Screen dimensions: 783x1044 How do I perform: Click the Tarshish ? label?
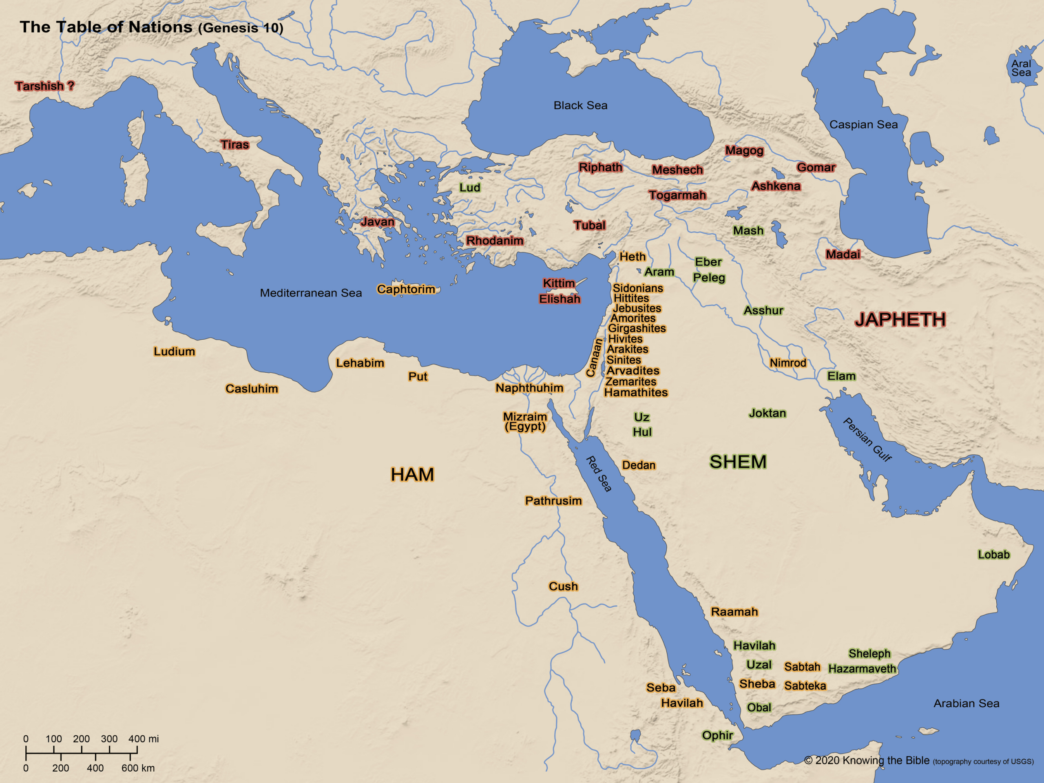pos(44,86)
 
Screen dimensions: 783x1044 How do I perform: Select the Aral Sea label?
pos(1021,68)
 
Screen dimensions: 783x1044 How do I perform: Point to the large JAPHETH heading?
pos(900,320)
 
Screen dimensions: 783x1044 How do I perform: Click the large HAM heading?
pos(412,474)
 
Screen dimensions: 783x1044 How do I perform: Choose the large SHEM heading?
pos(738,462)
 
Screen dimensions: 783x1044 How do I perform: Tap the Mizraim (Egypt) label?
pos(525,421)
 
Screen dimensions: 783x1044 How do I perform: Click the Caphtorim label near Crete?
pos(406,289)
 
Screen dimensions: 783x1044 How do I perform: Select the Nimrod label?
pos(788,363)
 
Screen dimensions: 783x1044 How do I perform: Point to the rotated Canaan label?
pos(594,358)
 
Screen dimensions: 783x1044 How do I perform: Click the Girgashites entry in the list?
pos(637,328)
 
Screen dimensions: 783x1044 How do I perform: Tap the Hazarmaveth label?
pos(862,668)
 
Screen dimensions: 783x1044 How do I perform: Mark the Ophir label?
pos(717,735)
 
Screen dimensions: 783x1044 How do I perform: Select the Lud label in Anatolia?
pos(470,187)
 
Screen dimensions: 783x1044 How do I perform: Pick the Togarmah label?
pos(677,195)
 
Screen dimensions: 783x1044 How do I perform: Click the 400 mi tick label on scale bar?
pos(144,739)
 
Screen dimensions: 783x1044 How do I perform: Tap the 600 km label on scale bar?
pos(138,768)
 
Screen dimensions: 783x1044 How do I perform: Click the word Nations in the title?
pos(160,27)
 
